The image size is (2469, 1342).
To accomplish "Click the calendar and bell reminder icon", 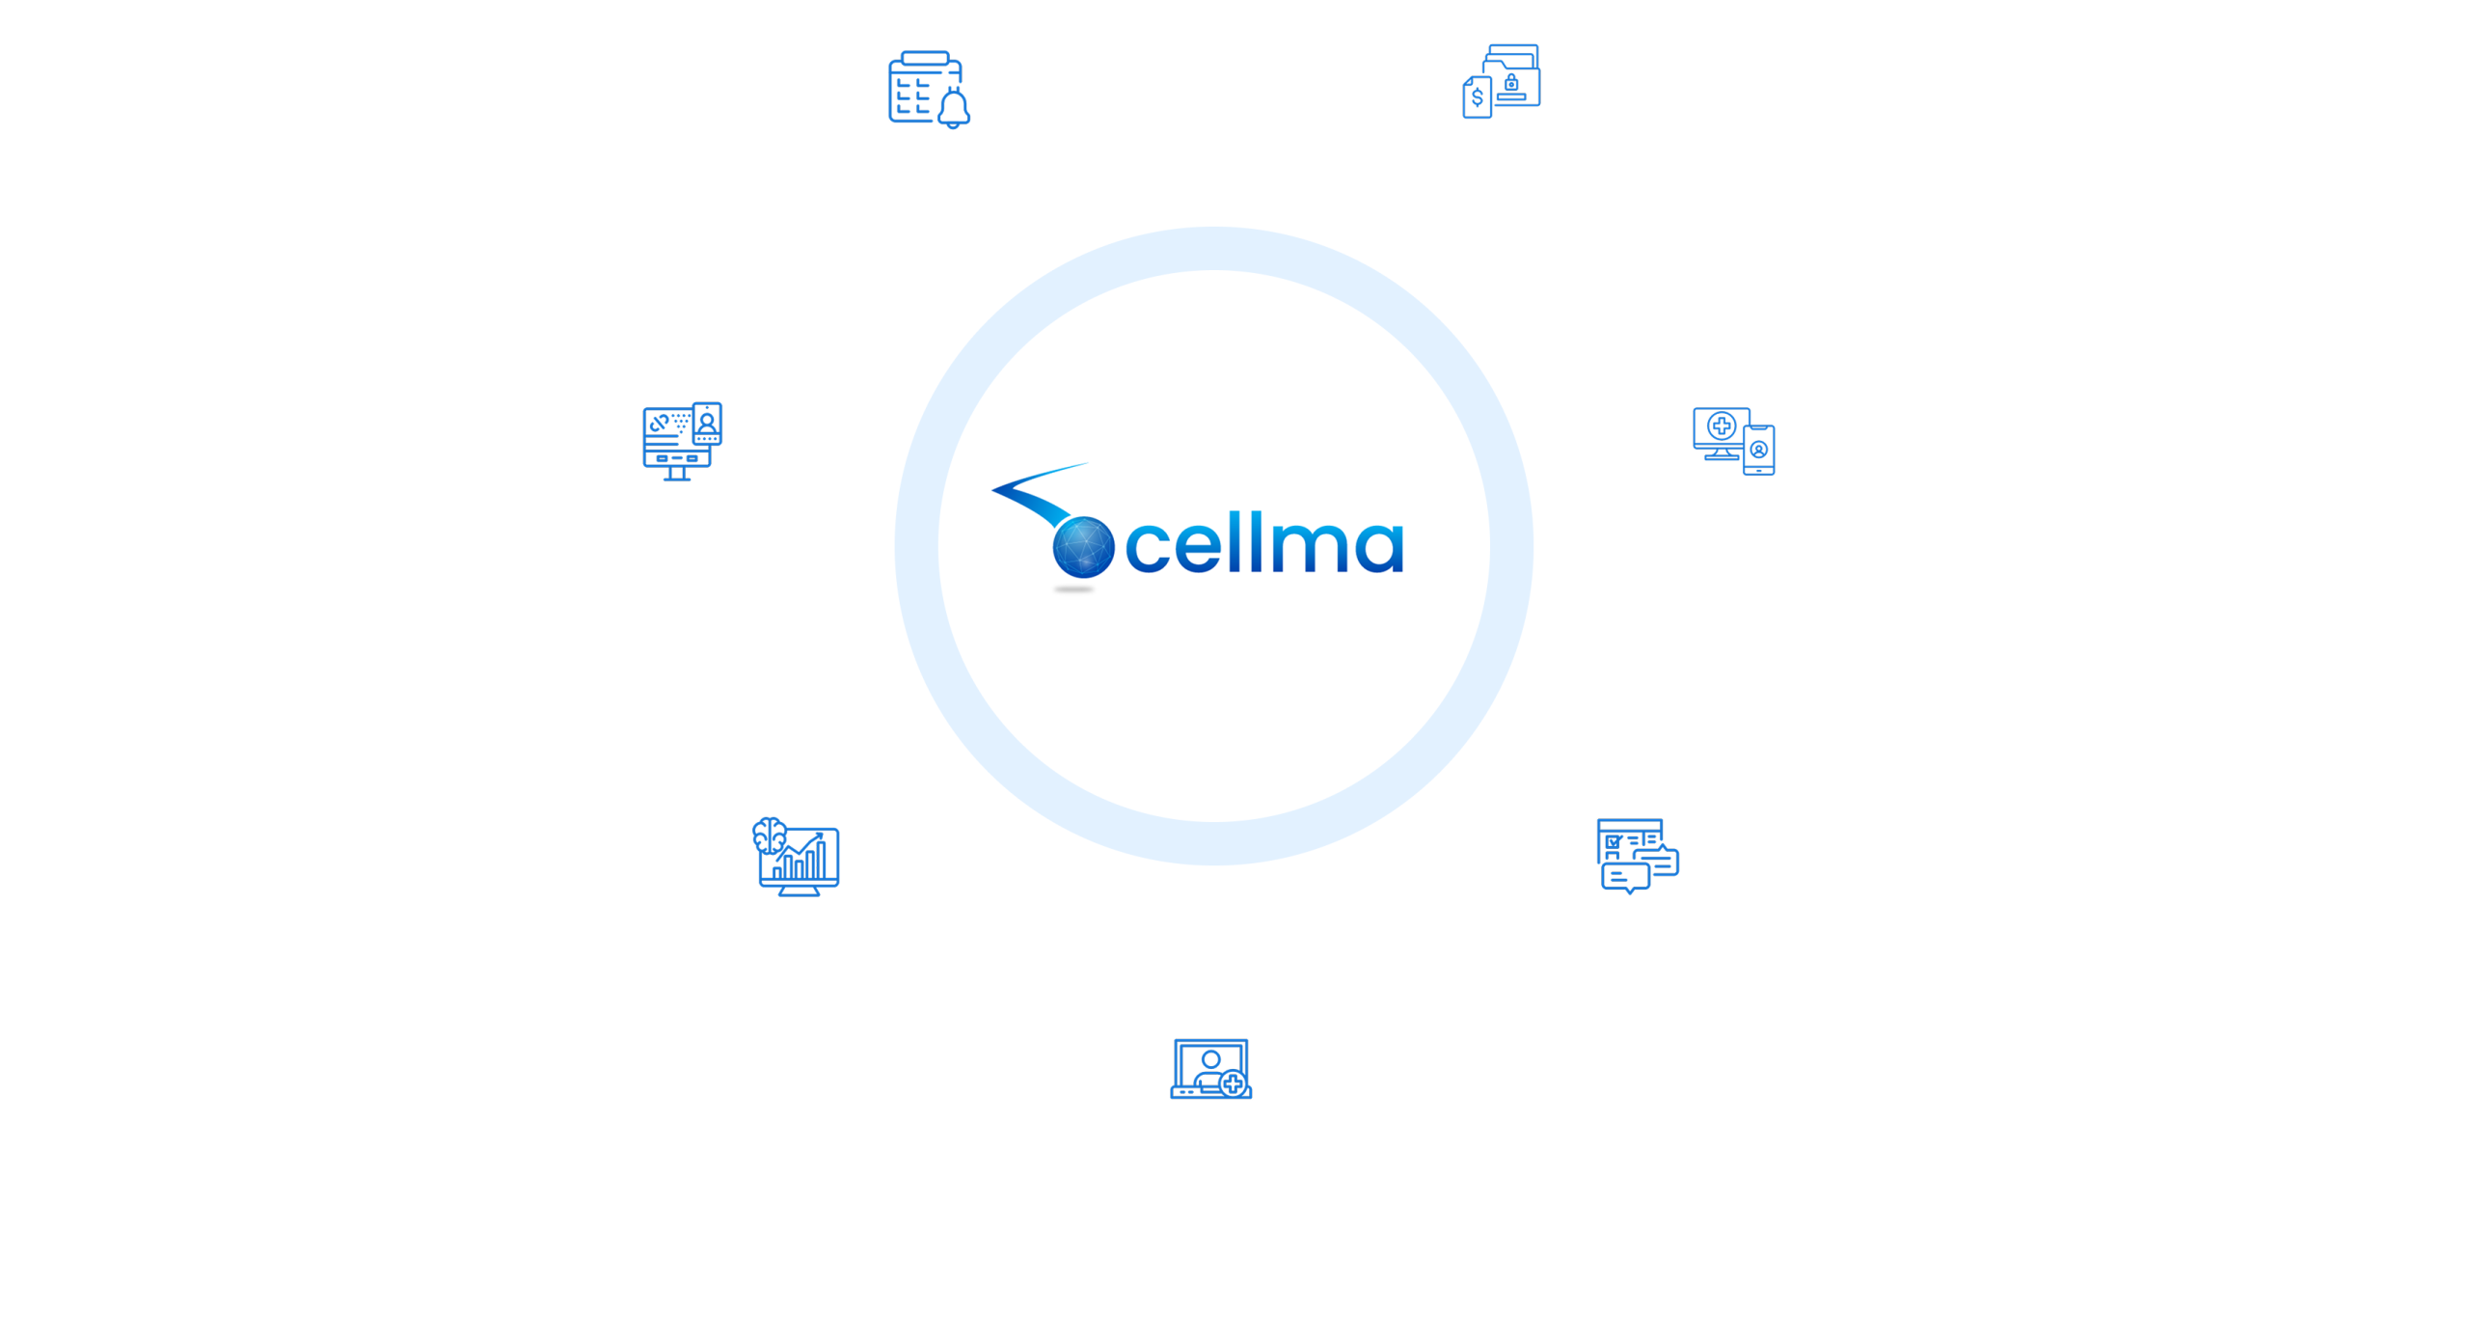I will click(929, 90).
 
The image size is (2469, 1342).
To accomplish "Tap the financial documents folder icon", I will click(1501, 81).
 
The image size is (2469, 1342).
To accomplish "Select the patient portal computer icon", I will click(682, 441).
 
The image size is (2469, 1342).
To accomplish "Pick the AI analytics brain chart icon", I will click(796, 857).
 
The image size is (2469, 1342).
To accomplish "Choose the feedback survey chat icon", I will click(1638, 857).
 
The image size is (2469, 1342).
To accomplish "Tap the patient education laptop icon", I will click(1210, 1069).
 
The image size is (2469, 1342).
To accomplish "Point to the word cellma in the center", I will click(1263, 545).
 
